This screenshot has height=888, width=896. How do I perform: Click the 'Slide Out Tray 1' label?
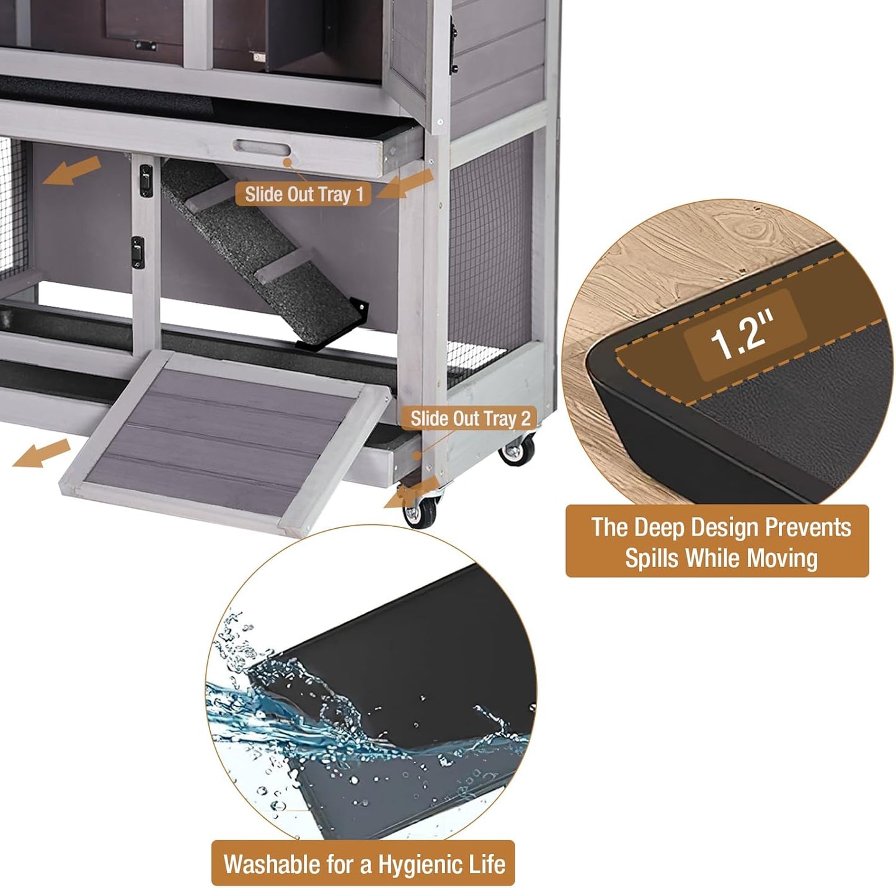point(303,194)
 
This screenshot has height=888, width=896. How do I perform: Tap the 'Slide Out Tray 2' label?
point(470,419)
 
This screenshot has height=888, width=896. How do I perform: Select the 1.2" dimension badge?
point(743,334)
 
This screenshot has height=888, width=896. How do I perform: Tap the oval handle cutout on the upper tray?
point(262,150)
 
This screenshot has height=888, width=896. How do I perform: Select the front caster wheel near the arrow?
point(420,513)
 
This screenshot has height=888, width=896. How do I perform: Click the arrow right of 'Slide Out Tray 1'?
point(406,184)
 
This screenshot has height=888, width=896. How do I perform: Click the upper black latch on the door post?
point(146,181)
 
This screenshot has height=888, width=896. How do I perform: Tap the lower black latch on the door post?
point(138,251)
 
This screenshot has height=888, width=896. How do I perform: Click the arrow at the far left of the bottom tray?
point(41,453)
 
